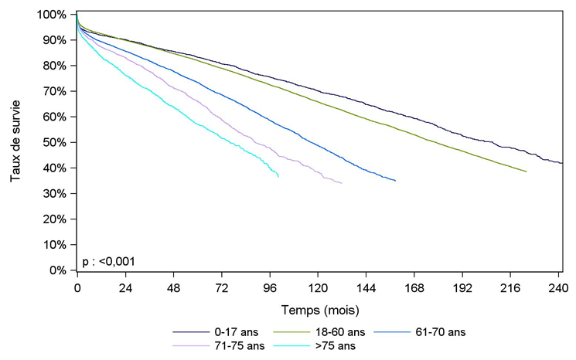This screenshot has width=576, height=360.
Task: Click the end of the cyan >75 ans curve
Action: pos(278,178)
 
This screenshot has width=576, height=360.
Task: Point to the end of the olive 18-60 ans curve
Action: pos(527,172)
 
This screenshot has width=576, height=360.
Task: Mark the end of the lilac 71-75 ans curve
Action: pos(342,183)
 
